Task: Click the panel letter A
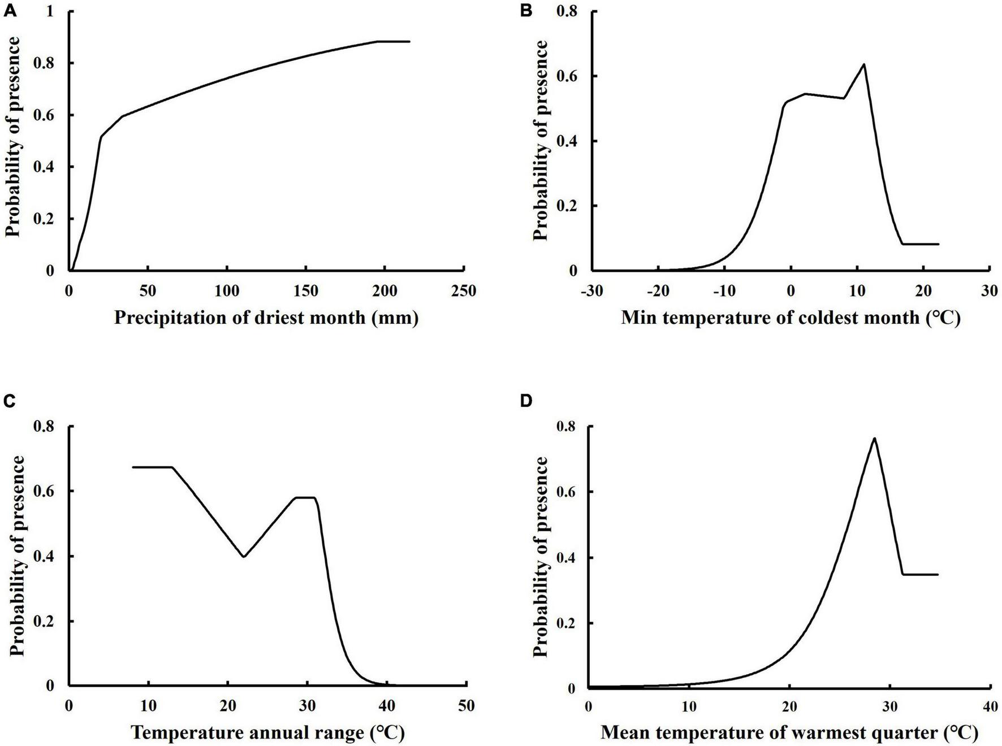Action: tap(10, 10)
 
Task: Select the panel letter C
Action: tap(10, 401)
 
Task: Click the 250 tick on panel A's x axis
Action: tap(464, 290)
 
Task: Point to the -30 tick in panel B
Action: tap(591, 290)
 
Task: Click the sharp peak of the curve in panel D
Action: tap(874, 438)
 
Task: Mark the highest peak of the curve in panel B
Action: tap(863, 64)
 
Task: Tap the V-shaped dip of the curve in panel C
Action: tap(244, 557)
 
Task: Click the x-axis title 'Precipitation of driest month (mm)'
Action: tap(266, 318)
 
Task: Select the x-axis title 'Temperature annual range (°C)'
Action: tap(268, 733)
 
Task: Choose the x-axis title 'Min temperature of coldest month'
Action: tap(791, 318)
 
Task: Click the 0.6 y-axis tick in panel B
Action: tap(569, 76)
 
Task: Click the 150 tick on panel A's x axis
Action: tap(306, 290)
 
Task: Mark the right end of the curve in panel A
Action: tap(409, 41)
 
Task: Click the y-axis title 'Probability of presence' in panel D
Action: tap(541, 557)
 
